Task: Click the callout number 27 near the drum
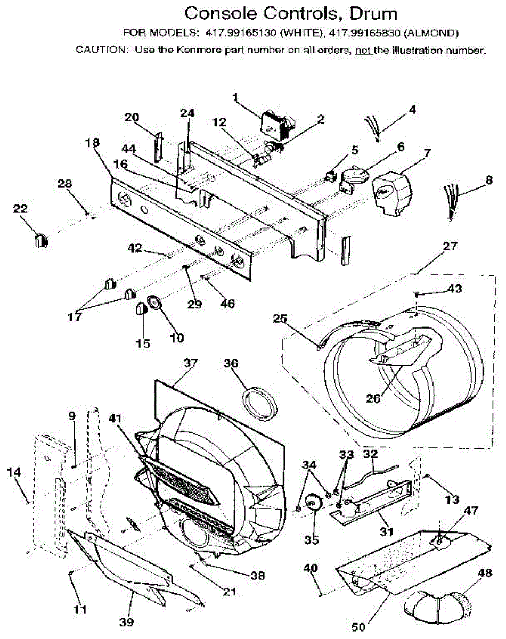click(x=450, y=247)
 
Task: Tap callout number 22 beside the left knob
click(x=20, y=210)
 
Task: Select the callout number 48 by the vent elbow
click(x=485, y=574)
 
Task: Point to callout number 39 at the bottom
click(x=127, y=622)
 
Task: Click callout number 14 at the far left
click(x=14, y=472)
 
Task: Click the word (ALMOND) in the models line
click(x=431, y=33)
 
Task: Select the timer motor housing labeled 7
click(x=393, y=191)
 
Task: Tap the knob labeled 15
click(x=142, y=308)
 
